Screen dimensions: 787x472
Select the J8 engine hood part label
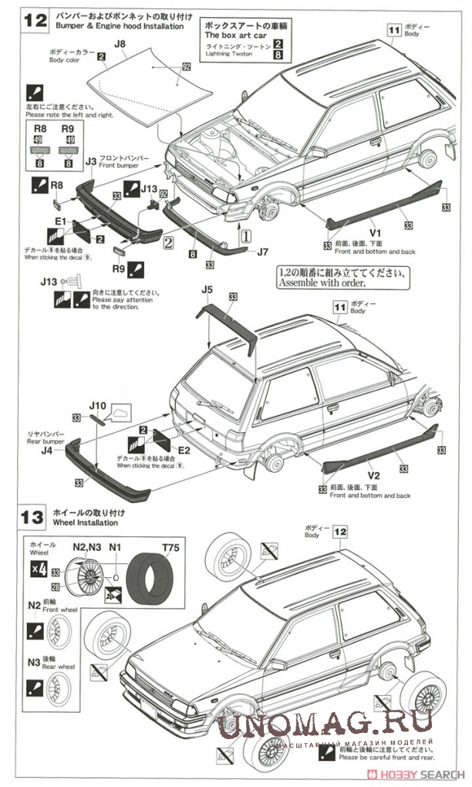coord(120,45)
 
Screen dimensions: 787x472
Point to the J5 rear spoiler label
coord(205,290)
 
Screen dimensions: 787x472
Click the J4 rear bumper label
coord(47,450)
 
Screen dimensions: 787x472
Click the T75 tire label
coord(169,548)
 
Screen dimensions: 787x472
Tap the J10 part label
coord(97,404)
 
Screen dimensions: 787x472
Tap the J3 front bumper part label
coord(90,161)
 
